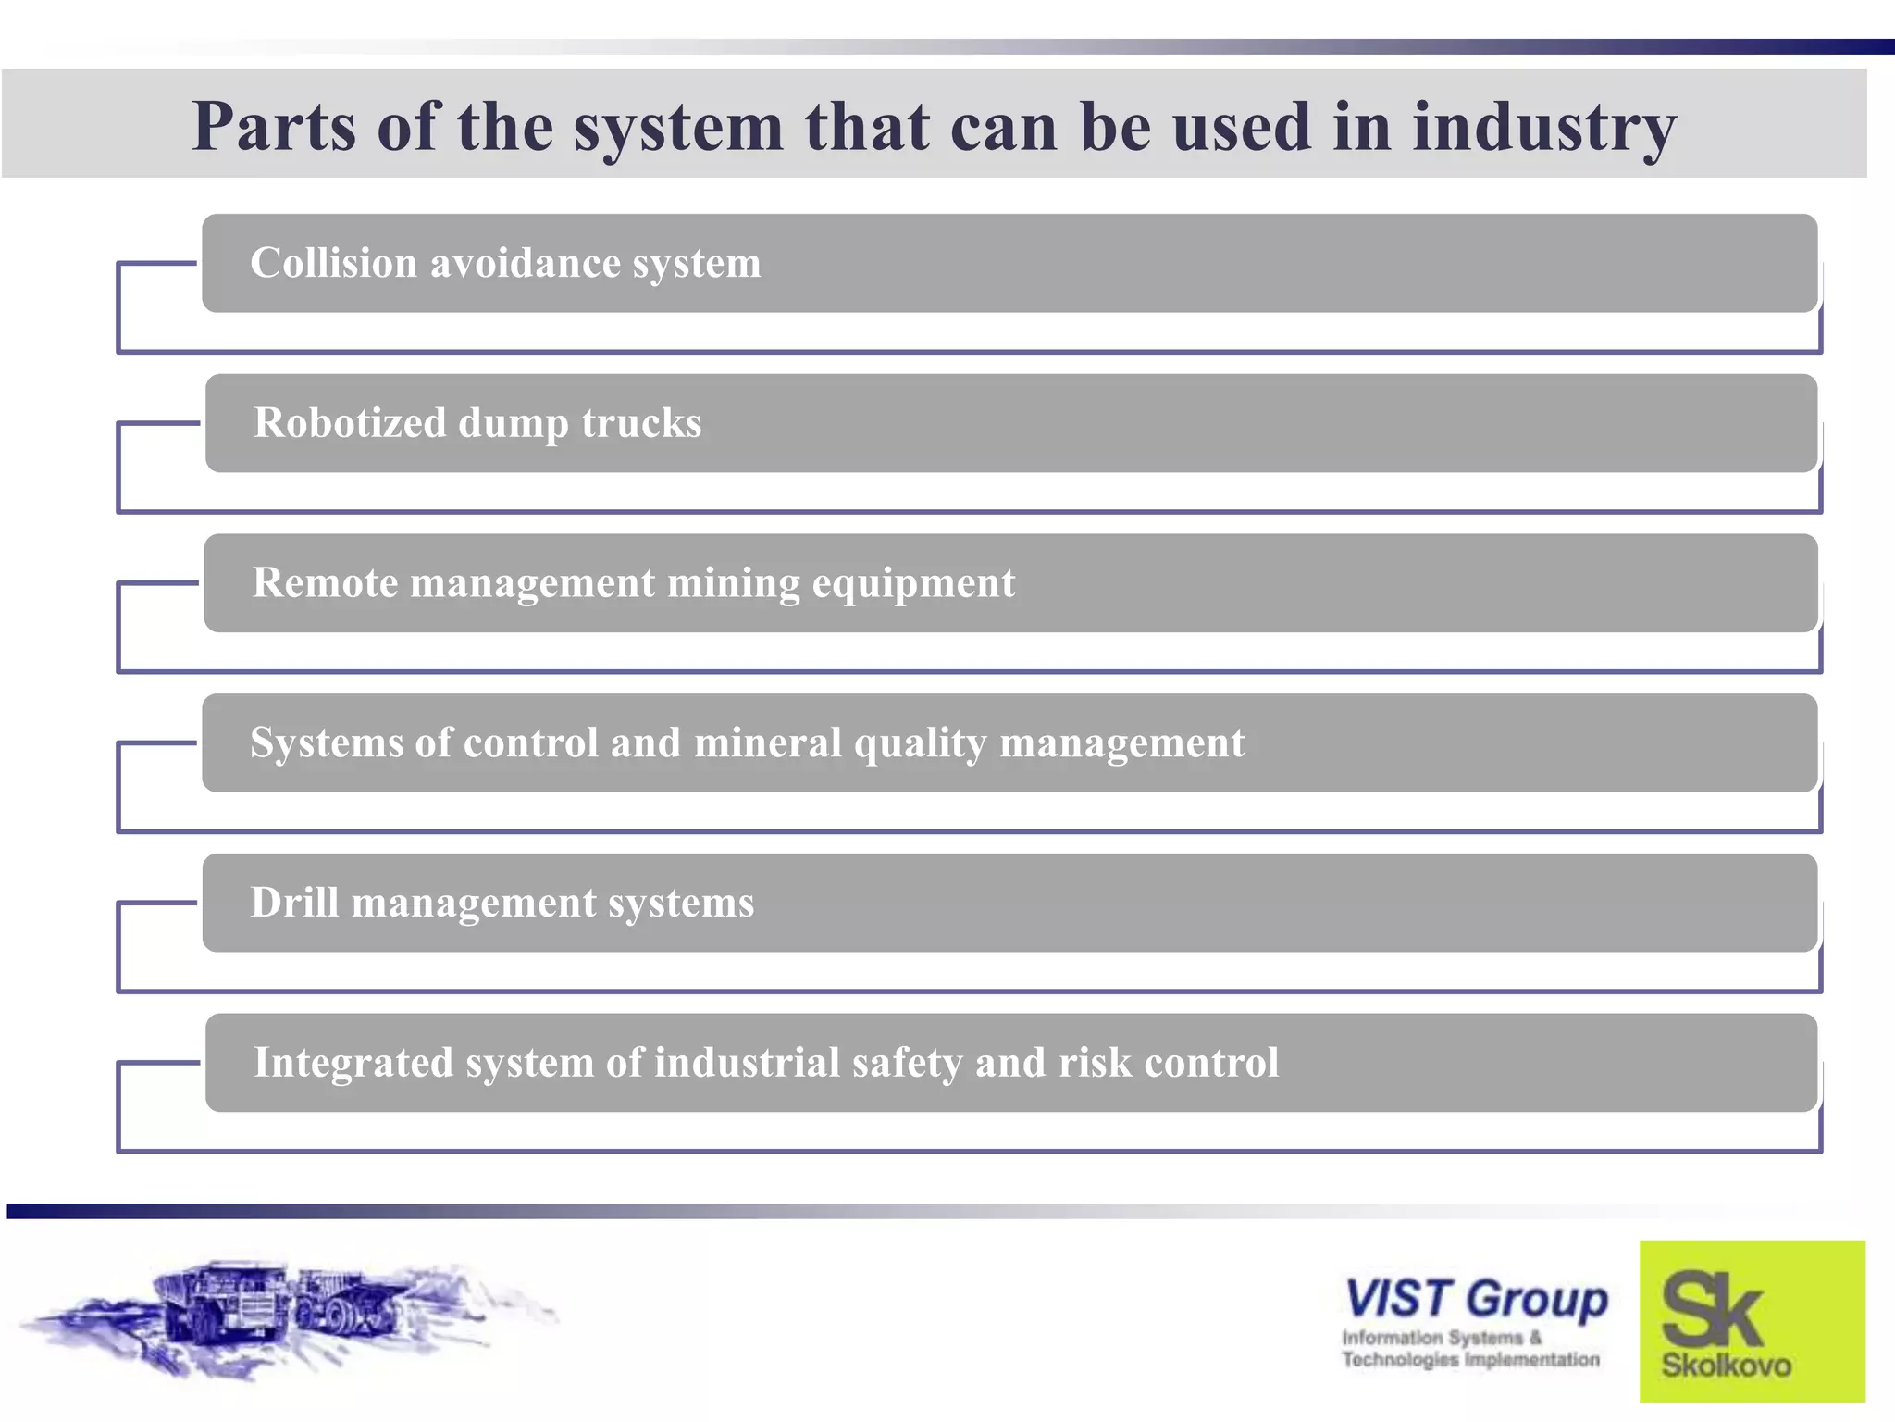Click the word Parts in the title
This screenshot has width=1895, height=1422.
[x=274, y=127]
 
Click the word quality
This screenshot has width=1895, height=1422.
[x=920, y=743]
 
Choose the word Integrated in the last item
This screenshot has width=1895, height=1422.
[x=353, y=1063]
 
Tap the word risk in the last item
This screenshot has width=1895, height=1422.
[x=1095, y=1063]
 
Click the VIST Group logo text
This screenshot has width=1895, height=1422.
[x=1475, y=1298]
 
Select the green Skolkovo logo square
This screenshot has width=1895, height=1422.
[x=1752, y=1320]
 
